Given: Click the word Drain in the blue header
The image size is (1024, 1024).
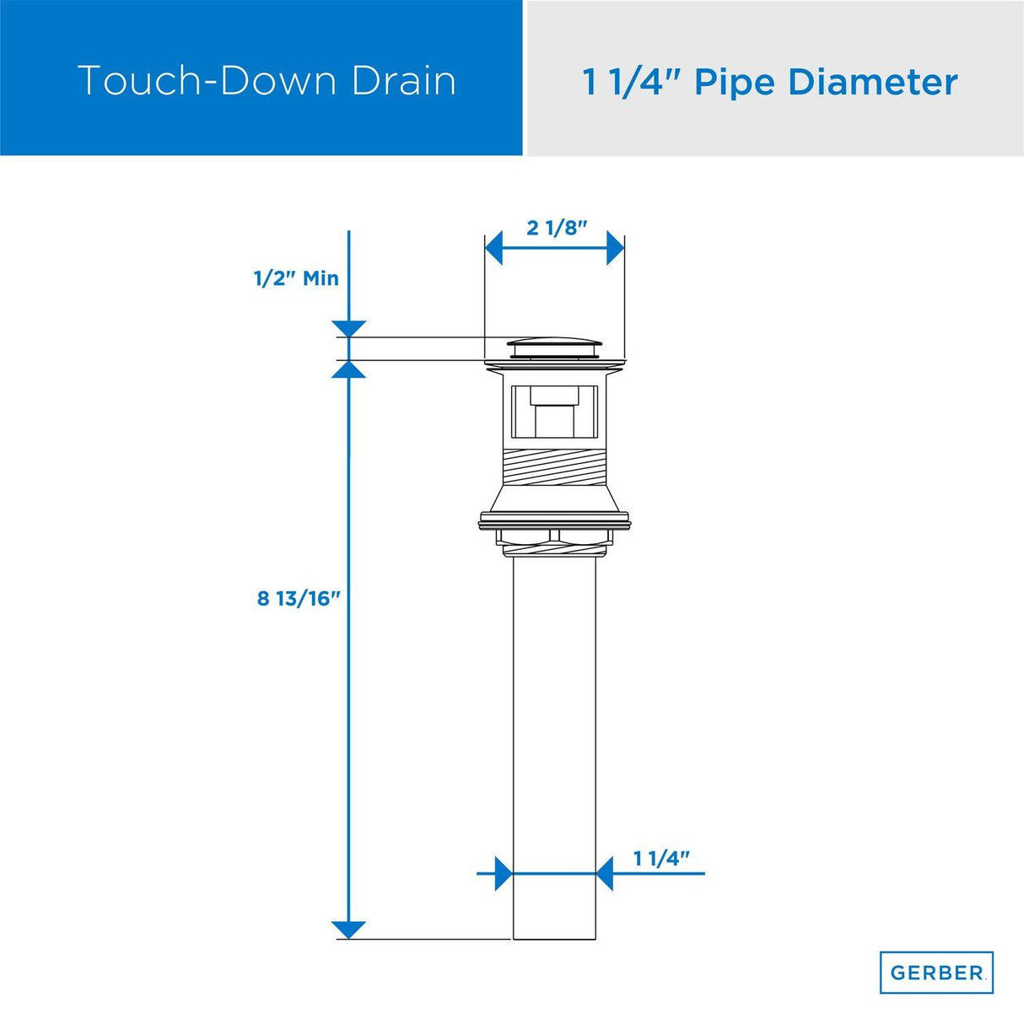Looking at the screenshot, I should click(404, 81).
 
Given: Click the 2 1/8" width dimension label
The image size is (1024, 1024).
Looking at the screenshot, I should click(556, 228).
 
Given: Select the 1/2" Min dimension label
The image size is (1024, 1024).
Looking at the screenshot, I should click(296, 278).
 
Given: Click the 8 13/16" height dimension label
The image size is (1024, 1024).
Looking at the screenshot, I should click(299, 599).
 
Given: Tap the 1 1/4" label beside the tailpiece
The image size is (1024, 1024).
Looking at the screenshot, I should click(661, 859).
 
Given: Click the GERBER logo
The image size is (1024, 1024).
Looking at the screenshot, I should click(936, 973).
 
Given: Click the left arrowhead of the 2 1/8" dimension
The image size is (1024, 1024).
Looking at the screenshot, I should click(494, 249).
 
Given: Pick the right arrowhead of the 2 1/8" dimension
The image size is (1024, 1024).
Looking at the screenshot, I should click(616, 249).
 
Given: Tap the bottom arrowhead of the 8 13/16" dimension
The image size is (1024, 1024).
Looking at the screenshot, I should click(349, 930).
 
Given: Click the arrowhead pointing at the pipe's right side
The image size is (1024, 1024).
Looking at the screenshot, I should click(605, 873).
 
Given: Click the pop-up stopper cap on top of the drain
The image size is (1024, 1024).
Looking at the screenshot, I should click(555, 347).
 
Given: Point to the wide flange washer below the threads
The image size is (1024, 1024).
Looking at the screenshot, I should click(555, 520).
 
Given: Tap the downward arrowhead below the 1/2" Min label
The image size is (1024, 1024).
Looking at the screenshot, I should click(349, 329).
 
